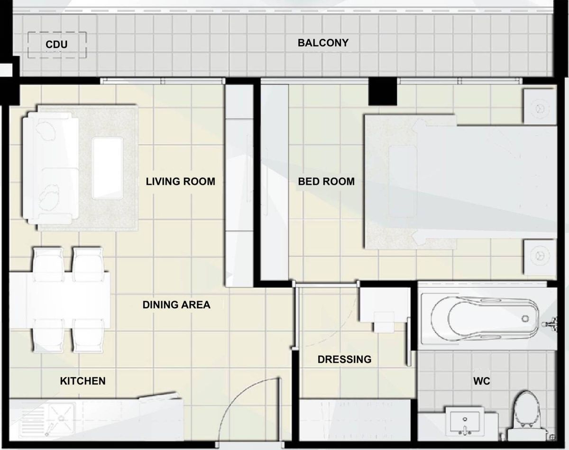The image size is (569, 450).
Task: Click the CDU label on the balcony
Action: pos(56,45)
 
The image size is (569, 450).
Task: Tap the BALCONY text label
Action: pos(323,43)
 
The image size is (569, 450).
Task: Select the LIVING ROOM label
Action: pos(180,181)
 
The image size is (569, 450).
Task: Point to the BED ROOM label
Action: pos(326,181)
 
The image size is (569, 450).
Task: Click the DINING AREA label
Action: pos(176,305)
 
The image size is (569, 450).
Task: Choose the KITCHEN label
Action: pos(83,381)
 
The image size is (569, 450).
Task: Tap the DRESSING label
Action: pos(344,359)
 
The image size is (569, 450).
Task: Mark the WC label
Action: pos(481,381)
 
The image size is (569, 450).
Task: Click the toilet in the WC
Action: pos(527,413)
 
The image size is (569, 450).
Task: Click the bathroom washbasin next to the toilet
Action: pos(465,422)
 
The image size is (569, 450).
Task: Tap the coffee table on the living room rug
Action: pos(108,167)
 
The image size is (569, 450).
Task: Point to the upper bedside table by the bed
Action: pos(539,106)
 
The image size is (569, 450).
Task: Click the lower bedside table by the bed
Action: pos(539,257)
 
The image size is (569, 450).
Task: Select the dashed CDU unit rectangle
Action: pos(56,45)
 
